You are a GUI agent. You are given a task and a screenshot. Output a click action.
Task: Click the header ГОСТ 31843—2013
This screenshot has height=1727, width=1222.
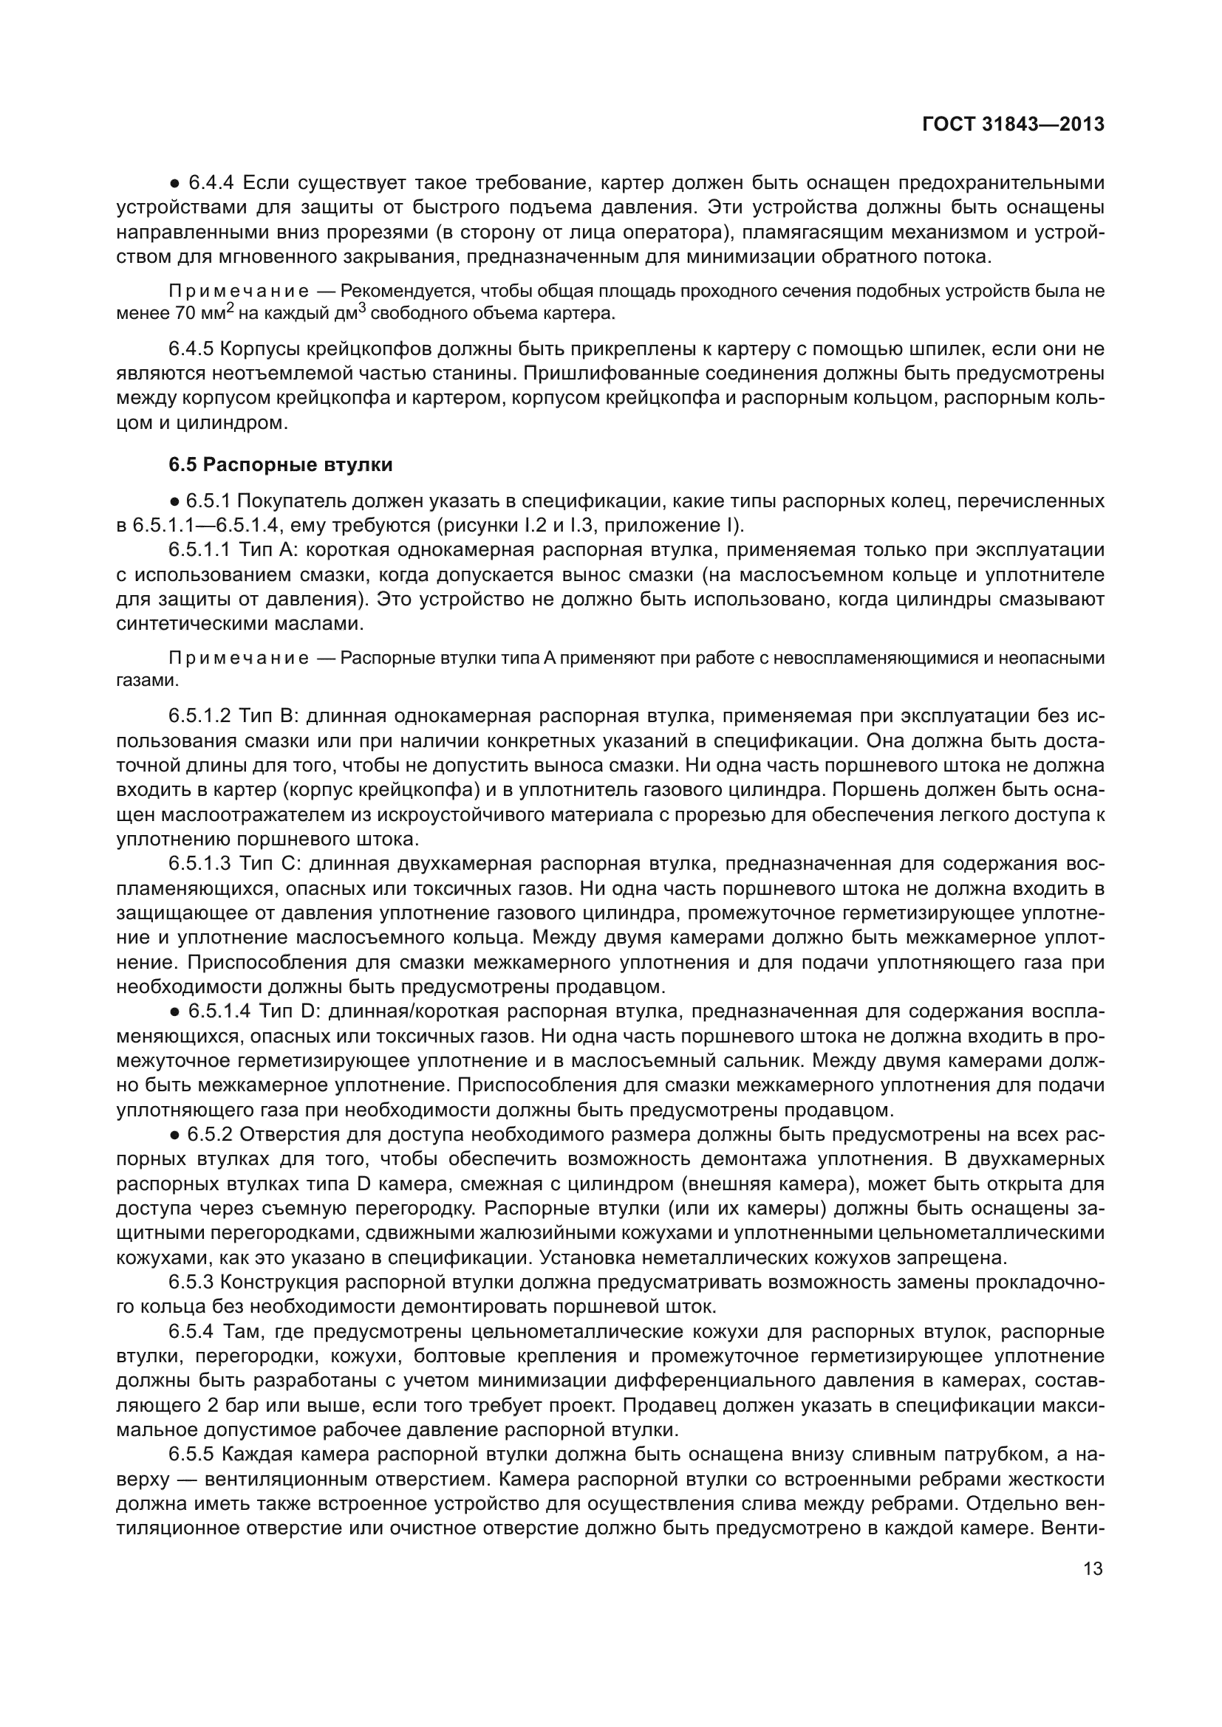(1013, 124)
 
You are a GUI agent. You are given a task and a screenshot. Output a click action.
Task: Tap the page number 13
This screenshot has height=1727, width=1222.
(1093, 1568)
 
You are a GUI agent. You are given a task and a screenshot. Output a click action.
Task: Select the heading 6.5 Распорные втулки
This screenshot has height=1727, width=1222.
(280, 465)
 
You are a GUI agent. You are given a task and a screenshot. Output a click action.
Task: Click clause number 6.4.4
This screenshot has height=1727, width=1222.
(211, 183)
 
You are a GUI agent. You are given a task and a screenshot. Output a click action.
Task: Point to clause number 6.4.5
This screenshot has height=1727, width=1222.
(191, 349)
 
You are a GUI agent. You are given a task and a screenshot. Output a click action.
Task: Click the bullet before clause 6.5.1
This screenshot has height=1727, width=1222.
(174, 501)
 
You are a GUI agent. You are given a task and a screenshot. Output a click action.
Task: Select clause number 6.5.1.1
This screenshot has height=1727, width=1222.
(199, 550)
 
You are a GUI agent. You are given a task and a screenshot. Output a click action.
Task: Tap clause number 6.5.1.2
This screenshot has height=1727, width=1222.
(199, 715)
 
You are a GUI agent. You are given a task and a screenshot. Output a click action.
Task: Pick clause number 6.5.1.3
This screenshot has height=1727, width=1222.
(199, 864)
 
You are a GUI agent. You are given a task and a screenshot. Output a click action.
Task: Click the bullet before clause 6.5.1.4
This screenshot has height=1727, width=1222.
(174, 1012)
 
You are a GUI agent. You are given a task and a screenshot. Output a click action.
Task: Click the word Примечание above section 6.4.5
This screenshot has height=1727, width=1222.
(239, 292)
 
